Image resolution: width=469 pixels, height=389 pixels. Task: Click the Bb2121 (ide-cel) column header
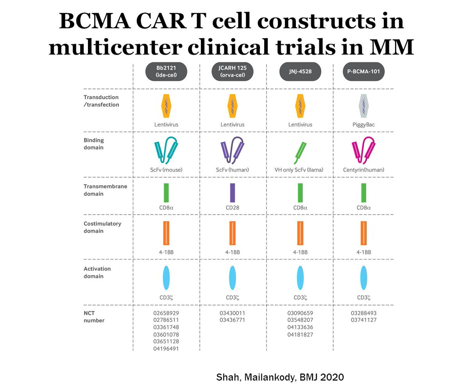click(x=166, y=72)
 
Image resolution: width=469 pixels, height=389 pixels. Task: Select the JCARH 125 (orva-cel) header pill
click(x=233, y=72)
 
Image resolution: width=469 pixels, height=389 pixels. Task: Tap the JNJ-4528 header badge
click(x=300, y=72)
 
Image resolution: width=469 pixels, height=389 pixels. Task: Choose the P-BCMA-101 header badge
click(x=363, y=72)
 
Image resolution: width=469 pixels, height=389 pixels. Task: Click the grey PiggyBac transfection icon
click(x=363, y=106)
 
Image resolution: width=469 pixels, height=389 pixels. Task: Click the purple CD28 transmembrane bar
click(x=233, y=193)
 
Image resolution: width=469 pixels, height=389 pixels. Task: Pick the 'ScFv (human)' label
click(x=233, y=170)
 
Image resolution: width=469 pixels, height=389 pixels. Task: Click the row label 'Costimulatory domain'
click(x=102, y=227)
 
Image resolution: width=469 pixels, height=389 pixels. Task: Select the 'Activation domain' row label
click(x=97, y=272)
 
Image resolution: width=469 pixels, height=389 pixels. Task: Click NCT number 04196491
click(x=166, y=348)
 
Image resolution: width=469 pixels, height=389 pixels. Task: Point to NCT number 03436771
click(x=233, y=320)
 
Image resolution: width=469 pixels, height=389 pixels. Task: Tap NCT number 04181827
click(x=300, y=334)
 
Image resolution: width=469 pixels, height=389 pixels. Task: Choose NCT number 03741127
click(x=363, y=320)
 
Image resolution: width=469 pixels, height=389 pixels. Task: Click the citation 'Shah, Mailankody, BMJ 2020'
click(x=280, y=377)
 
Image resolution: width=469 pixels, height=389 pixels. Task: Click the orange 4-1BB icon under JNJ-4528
click(x=300, y=233)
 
